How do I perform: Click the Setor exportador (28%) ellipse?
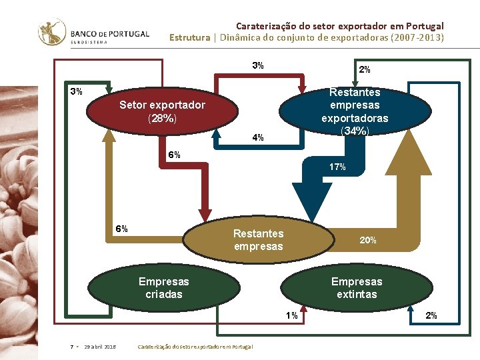click(163, 111)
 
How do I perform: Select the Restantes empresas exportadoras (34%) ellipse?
click(354, 111)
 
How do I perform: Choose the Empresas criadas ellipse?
click(163, 287)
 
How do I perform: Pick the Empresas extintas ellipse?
click(357, 287)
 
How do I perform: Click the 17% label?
click(337, 167)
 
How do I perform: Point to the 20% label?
click(368, 240)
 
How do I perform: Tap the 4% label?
click(258, 138)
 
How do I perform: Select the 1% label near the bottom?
click(292, 315)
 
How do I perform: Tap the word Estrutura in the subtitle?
click(189, 37)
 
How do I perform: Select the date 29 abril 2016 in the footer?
click(100, 347)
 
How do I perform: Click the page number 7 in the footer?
click(71, 347)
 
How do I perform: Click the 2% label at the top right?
click(365, 69)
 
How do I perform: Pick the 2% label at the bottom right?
click(431, 315)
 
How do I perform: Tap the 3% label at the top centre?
click(258, 65)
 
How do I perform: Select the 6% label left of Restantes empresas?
click(121, 229)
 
